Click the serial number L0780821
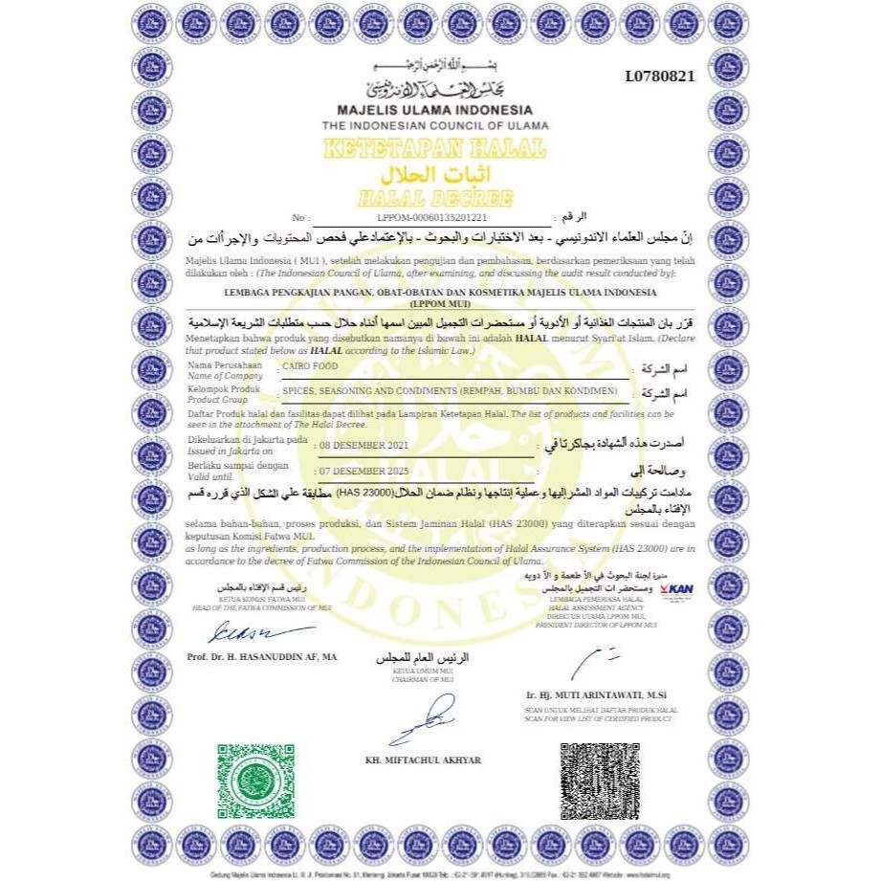click(x=659, y=77)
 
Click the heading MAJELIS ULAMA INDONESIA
click(x=435, y=110)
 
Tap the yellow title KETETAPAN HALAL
click(x=435, y=149)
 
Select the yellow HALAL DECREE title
click(x=435, y=198)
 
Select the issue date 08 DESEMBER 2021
click(x=370, y=446)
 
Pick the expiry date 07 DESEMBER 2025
click(x=370, y=473)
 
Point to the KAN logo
click(x=676, y=589)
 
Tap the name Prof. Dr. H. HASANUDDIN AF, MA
click(x=262, y=657)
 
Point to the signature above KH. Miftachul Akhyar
click(x=430, y=718)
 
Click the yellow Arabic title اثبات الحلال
click(x=435, y=175)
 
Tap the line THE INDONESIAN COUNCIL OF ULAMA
click(x=435, y=125)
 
